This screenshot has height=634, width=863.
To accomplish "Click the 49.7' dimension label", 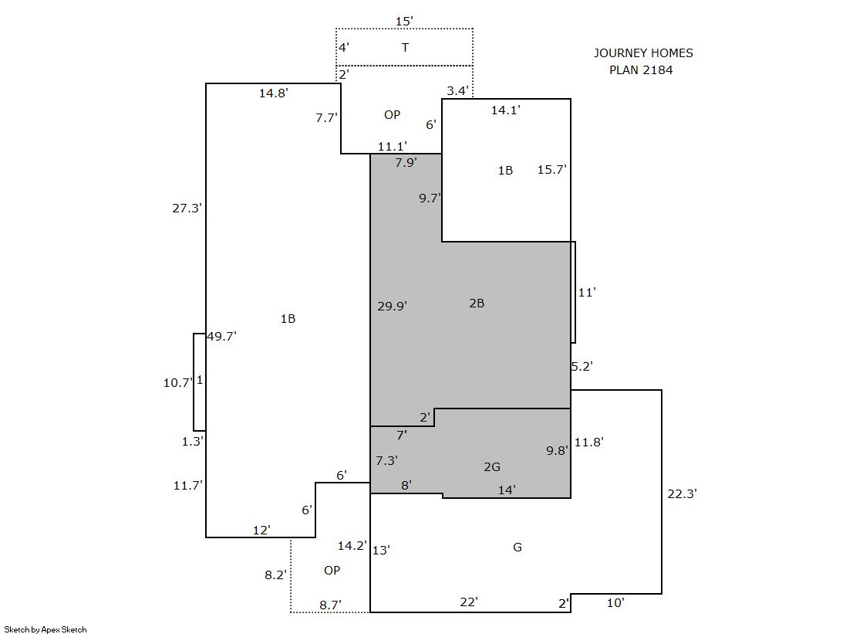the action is point(222,336).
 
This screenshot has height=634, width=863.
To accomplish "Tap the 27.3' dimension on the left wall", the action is point(187,209).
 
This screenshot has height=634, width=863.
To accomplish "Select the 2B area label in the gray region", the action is point(477,303).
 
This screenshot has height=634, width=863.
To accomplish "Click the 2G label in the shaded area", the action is point(492,467).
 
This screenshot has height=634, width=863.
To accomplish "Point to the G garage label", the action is point(517,548).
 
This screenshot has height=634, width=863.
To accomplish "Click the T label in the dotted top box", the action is point(405,47).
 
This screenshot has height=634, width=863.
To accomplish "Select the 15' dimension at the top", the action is point(404,22).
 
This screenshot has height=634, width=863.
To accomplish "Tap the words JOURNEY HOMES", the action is point(643,53).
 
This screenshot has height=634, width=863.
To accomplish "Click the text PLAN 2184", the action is point(641,70).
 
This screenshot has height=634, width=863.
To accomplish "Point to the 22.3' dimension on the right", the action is point(683,494).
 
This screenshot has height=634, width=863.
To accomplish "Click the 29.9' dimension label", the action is point(393,306).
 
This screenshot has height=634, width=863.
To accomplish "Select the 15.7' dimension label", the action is point(552,170).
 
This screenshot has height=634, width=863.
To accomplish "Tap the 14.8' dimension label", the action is point(274,93).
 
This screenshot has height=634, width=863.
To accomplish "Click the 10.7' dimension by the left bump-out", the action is point(178,382).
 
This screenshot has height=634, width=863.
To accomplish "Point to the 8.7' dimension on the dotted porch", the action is point(330,605).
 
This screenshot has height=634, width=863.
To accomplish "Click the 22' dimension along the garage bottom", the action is point(469,602).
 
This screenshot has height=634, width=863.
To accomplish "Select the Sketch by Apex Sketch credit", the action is point(46,629).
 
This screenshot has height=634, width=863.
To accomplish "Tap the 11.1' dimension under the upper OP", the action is point(393,147).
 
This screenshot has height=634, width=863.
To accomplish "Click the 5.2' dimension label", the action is point(582,367).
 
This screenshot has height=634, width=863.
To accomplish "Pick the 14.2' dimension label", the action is point(352,546).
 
